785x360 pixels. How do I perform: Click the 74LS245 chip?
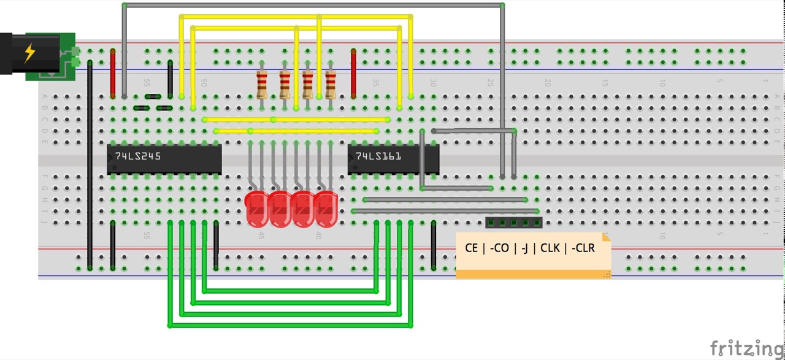164,159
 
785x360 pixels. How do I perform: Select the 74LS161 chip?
393,159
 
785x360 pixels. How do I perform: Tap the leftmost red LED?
256,209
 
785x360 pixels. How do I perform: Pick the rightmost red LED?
326,209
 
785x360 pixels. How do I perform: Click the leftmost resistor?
262,84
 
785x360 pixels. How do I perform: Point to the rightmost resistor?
331,84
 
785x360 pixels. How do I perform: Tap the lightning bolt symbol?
29,53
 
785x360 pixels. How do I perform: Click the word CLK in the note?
549,248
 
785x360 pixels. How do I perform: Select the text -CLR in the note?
582,248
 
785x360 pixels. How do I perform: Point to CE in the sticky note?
471,248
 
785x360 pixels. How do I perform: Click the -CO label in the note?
500,248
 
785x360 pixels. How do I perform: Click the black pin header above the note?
513,222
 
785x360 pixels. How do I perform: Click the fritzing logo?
746,348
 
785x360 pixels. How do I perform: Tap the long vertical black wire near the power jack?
90,166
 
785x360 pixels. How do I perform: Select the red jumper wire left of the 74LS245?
113,74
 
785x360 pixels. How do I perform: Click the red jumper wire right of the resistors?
354,74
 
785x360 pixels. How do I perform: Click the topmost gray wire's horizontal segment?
313,5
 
